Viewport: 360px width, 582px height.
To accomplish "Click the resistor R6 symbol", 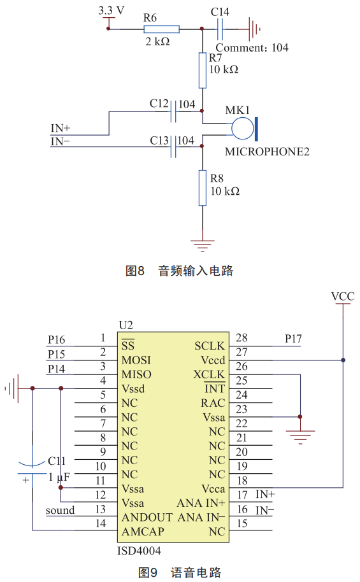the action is (162, 29).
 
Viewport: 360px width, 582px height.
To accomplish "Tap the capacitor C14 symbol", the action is (220, 29).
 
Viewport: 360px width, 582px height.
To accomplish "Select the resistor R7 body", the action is (203, 70).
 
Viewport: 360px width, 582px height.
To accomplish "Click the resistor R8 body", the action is (203, 188).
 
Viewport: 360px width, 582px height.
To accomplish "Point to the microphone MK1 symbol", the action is (245, 129).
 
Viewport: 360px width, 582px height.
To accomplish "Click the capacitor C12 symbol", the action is (173, 111).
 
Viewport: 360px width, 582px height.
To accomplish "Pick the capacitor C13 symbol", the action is (173, 146).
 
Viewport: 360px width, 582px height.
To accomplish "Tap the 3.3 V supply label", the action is (111, 11).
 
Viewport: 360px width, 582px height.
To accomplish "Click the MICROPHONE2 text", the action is (267, 152).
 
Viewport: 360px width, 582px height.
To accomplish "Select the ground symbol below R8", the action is (203, 246).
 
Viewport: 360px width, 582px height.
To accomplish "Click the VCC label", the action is (343, 297).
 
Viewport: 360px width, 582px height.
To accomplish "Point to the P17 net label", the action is (293, 339).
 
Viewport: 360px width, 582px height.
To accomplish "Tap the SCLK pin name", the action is (210, 346).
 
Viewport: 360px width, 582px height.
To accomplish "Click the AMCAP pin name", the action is (143, 532).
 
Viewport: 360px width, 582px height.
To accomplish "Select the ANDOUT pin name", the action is (147, 518).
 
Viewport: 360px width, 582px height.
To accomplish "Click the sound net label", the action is (60, 510).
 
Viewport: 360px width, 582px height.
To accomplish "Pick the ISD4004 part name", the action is (139, 550).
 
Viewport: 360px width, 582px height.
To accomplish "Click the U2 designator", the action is (126, 325).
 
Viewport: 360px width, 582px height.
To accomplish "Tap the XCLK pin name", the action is (209, 374).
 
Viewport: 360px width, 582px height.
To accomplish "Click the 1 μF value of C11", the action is (59, 477).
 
